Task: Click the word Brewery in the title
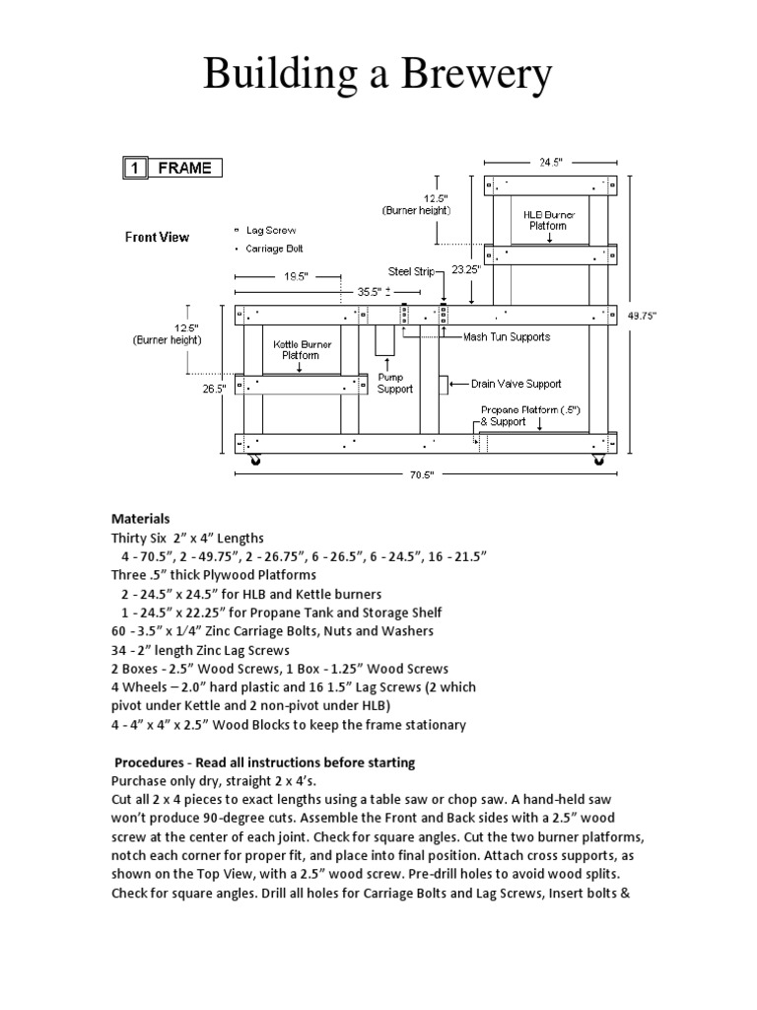tap(477, 74)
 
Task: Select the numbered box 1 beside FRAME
tap(135, 168)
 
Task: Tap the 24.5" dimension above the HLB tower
tap(550, 163)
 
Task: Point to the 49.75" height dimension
tap(642, 316)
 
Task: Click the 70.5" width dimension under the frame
tap(422, 474)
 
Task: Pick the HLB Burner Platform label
tap(549, 220)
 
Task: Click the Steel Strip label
tap(411, 272)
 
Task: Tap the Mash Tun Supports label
tap(507, 337)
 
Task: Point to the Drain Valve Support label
tap(516, 384)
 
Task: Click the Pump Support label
tap(394, 384)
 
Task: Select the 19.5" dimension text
tap(296, 276)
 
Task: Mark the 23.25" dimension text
tap(466, 270)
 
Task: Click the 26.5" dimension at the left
tap(214, 389)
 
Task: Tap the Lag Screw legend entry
tap(265, 230)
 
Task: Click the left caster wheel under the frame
tap(255, 460)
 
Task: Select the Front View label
tap(157, 237)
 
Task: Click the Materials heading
tap(140, 519)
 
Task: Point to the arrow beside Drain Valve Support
tap(459, 384)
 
